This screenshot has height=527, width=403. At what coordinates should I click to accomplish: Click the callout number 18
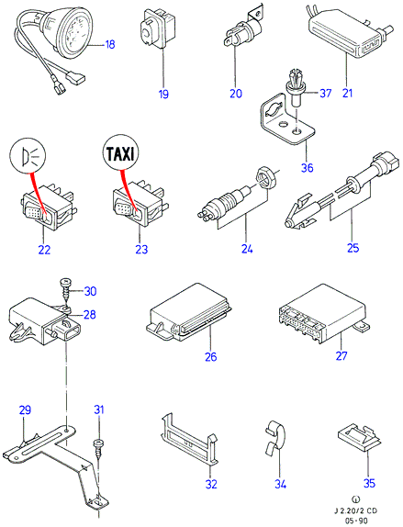point(110,44)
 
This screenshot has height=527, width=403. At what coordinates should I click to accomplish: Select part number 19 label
point(163,94)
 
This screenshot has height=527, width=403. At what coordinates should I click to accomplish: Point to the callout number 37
point(325,93)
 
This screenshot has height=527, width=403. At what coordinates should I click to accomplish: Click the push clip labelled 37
point(295,87)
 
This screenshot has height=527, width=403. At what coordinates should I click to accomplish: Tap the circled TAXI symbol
point(120,153)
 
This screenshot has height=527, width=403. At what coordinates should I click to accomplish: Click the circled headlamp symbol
point(28,156)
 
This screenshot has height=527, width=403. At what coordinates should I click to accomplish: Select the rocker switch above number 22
point(48,207)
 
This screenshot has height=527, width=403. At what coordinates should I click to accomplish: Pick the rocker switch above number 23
point(140,206)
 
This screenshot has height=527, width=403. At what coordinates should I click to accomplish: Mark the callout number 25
point(353,248)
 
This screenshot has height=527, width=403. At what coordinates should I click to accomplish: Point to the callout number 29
point(25,410)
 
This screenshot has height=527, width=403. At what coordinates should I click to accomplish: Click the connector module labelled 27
point(322,315)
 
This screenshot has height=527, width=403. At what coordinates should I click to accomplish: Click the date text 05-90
point(355,521)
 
